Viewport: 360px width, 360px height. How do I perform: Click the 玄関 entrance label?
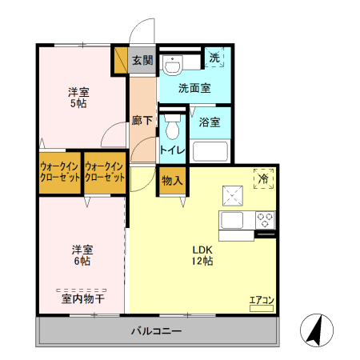142,59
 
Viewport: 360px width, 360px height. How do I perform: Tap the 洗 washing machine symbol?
214,58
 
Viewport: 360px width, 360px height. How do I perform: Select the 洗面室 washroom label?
194,88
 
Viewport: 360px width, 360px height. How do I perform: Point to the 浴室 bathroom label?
210,122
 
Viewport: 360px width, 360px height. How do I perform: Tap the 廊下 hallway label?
142,122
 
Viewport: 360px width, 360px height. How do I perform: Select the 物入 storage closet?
172,180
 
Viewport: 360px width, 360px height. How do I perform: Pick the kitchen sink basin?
234,220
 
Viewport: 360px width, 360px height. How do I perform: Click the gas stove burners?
266,218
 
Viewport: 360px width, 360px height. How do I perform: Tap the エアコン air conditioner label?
262,300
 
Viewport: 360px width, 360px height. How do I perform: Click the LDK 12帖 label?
202,254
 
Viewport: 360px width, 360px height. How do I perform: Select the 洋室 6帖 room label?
82,254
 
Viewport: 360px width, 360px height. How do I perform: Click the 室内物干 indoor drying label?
82,299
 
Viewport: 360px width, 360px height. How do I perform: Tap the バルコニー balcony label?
158,331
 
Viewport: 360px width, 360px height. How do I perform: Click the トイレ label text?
173,150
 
